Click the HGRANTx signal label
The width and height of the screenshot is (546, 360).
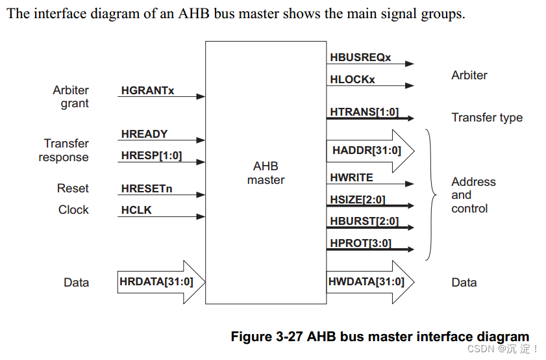tap(147, 91)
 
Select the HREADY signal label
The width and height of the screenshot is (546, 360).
tap(144, 134)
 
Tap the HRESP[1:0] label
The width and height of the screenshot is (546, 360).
tap(151, 156)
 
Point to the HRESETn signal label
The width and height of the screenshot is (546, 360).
tap(146, 190)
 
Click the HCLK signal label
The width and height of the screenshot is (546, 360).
tap(136, 211)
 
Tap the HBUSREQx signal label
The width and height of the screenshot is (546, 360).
tap(360, 58)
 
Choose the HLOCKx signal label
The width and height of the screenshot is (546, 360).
tap(352, 79)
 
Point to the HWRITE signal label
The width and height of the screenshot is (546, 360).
tap(351, 177)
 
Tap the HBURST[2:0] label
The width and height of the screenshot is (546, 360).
tap(364, 221)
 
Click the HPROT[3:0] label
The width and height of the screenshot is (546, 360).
tap(360, 243)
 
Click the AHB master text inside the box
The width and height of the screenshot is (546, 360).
tap(266, 173)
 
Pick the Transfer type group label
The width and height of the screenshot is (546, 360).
tap(487, 118)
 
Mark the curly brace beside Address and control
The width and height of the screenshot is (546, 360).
tap(430, 194)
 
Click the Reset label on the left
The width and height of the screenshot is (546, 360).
tap(73, 188)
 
